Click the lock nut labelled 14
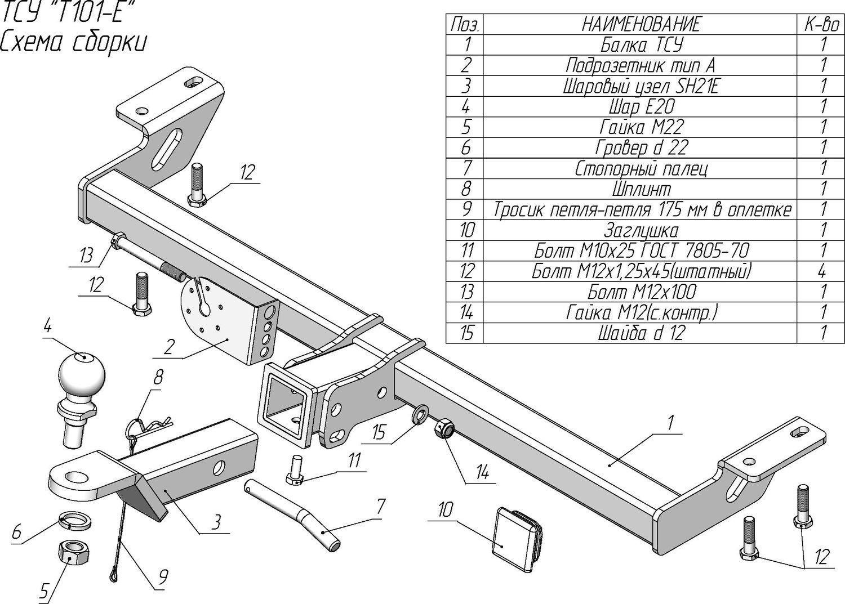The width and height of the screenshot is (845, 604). tap(443, 429)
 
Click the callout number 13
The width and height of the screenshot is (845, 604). tap(86, 256)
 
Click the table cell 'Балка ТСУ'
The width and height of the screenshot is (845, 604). tap(641, 45)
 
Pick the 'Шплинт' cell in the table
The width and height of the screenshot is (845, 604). tap(641, 189)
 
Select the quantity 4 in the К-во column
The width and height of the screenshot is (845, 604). tap(822, 271)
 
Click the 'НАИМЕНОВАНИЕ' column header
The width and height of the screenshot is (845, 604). tap(641, 25)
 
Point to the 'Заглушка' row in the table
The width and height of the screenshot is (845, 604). tap(641, 230)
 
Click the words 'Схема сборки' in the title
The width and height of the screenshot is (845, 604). tap(73, 42)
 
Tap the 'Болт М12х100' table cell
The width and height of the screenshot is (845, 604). tap(641, 292)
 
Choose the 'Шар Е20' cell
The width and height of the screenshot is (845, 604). tap(641, 106)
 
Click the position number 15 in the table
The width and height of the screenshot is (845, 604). tap(466, 333)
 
